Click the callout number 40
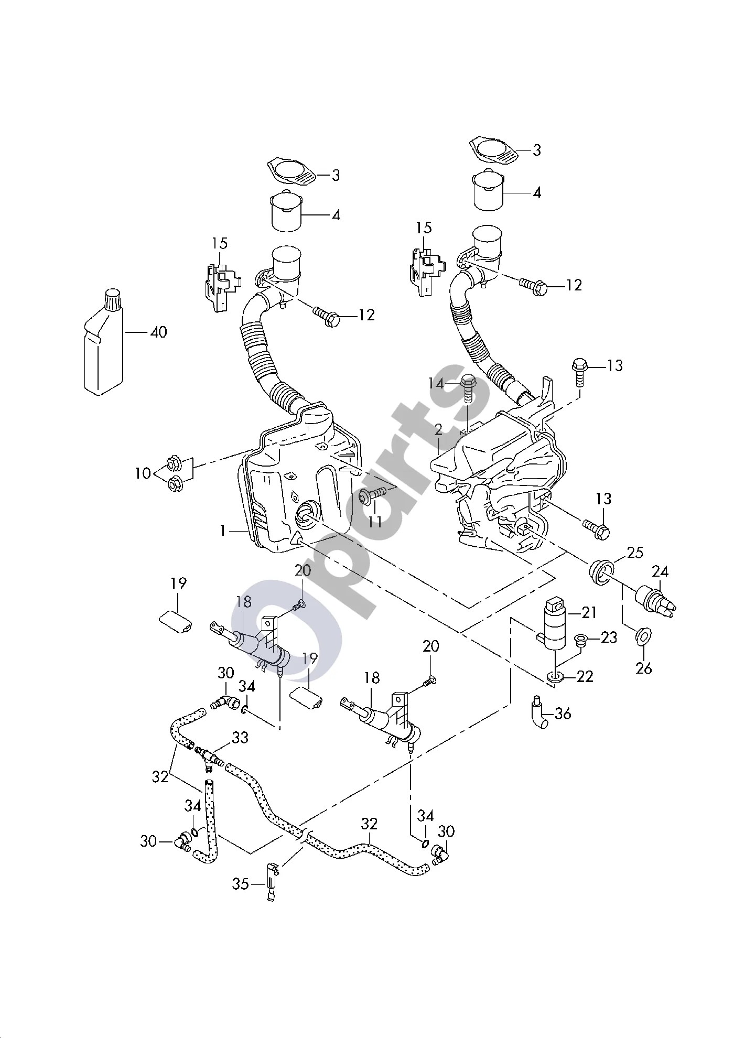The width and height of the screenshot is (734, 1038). coord(158,332)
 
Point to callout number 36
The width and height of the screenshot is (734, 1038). coord(562,713)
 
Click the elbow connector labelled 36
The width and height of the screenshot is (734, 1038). coord(537,711)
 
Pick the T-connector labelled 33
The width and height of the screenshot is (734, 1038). coord(209,758)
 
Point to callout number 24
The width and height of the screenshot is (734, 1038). coord(660,571)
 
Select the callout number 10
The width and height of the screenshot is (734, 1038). coord(142,473)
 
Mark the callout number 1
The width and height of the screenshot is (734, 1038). coord(223,531)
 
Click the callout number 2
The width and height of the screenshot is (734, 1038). coord(438,430)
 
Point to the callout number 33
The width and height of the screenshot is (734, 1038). coord(240,737)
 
